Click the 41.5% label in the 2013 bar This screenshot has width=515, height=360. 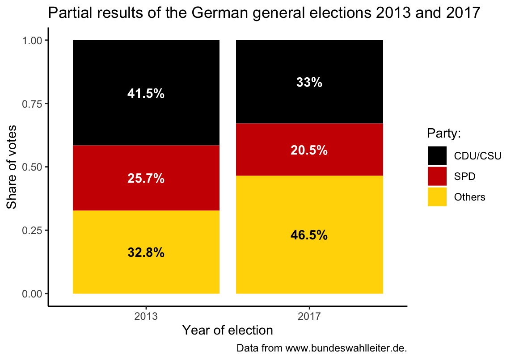[x=146, y=94]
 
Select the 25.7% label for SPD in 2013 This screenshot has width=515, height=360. [x=146, y=179]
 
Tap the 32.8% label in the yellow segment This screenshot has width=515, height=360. [x=146, y=253]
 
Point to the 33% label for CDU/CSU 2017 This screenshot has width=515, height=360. [x=309, y=83]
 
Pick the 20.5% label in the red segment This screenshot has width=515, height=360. [x=309, y=151]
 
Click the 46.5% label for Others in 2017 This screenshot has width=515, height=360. [x=309, y=235]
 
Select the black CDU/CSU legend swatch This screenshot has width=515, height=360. [x=437, y=156]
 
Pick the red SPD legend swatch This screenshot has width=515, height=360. [x=437, y=176]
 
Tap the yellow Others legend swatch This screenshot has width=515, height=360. [x=437, y=197]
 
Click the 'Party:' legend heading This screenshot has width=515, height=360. [x=444, y=134]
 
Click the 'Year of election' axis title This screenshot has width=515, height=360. [x=227, y=331]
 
